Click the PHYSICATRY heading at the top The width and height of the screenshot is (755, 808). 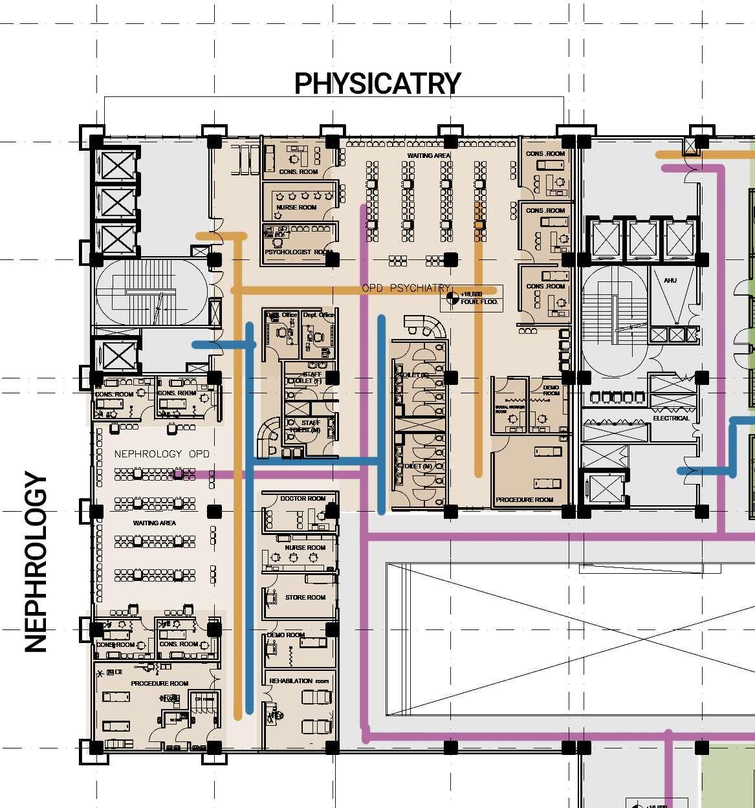click(377, 83)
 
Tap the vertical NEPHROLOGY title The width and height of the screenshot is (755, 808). click(37, 563)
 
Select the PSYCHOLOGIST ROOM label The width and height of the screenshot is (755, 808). click(298, 252)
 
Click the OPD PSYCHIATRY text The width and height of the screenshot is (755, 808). click(405, 288)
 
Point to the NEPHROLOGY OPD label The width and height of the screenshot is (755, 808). click(162, 453)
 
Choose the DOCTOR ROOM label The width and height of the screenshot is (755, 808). click(303, 499)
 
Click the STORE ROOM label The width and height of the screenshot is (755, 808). click(305, 597)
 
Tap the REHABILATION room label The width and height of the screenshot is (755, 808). click(299, 681)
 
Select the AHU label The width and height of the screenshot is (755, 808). click(670, 280)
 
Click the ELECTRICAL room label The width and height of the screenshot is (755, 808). click(671, 418)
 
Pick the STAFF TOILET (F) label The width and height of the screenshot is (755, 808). click(308, 377)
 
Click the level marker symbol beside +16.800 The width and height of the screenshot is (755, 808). click(452, 298)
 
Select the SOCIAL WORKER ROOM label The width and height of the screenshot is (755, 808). click(510, 409)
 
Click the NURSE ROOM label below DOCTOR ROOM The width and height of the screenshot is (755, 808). click(305, 547)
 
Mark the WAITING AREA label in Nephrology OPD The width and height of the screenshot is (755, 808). click(155, 523)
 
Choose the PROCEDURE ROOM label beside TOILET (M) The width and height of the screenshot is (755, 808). click(524, 499)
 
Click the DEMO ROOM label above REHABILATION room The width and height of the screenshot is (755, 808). click(286, 635)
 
